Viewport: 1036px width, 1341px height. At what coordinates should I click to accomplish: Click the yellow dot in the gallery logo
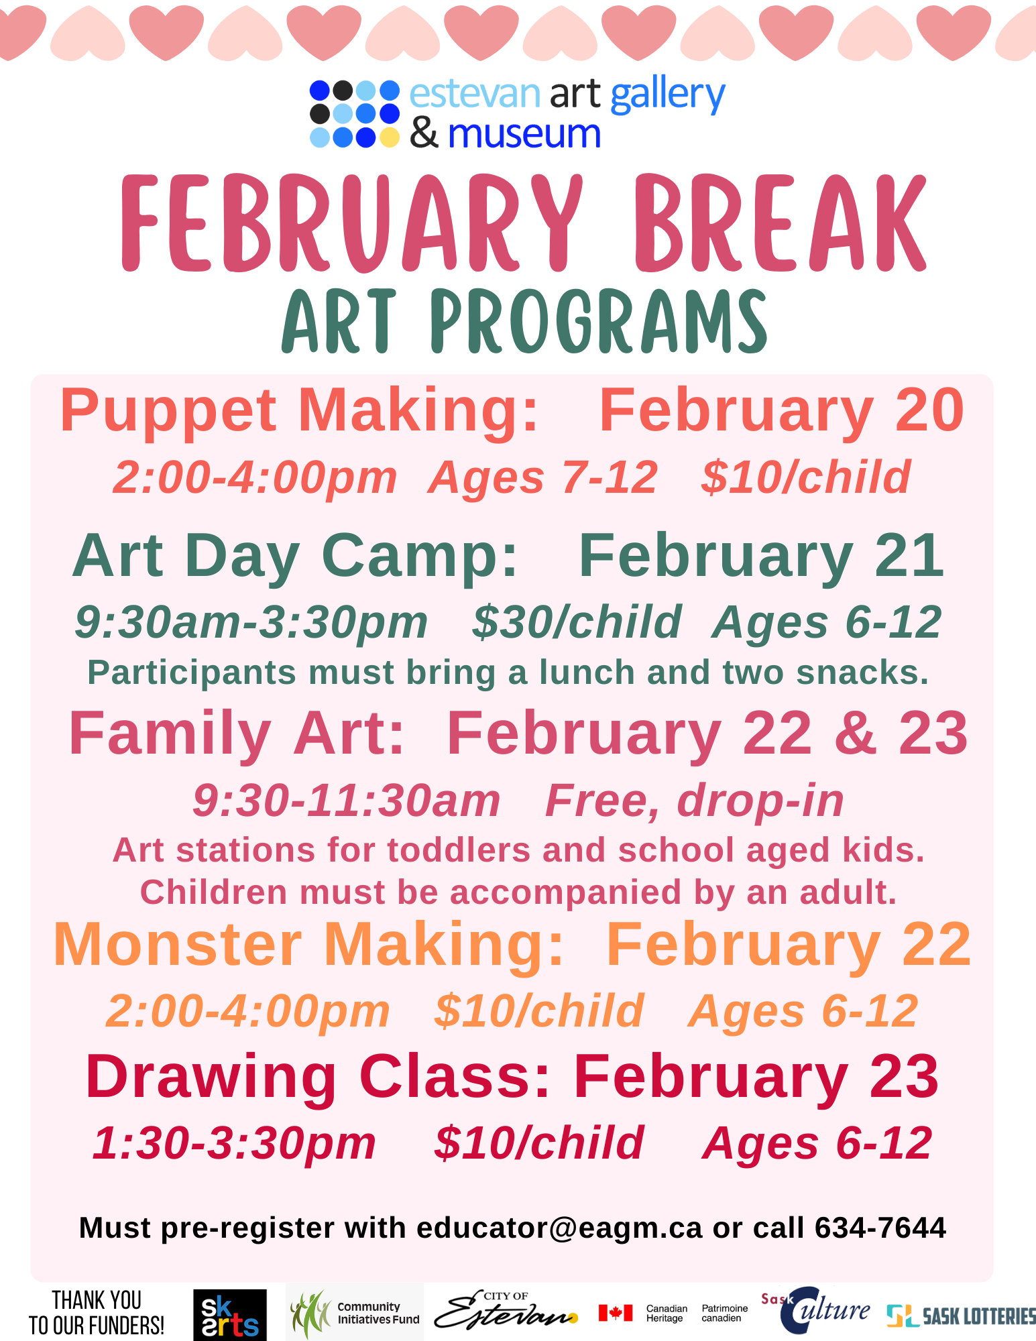pos(389,137)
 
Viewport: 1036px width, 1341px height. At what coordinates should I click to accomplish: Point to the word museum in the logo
pos(524,135)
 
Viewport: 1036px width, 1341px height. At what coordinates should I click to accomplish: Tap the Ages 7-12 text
pos(543,478)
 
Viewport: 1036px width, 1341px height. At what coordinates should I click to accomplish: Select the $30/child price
pos(577,622)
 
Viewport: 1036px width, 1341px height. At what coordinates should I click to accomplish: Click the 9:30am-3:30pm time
pos(251,622)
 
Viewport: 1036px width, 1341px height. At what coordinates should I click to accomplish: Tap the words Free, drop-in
pos(694,801)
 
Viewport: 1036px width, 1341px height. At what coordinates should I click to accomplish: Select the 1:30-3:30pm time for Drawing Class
pos(235,1143)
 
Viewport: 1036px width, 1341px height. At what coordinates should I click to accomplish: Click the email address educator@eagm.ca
pos(559,1228)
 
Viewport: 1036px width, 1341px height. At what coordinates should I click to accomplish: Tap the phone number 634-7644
pos(880,1228)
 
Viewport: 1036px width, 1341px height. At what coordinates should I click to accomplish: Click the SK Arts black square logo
pos(229,1315)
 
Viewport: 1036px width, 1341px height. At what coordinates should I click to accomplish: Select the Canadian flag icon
pos(615,1312)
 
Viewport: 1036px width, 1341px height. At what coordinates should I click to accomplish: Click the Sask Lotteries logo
pos(961,1316)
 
